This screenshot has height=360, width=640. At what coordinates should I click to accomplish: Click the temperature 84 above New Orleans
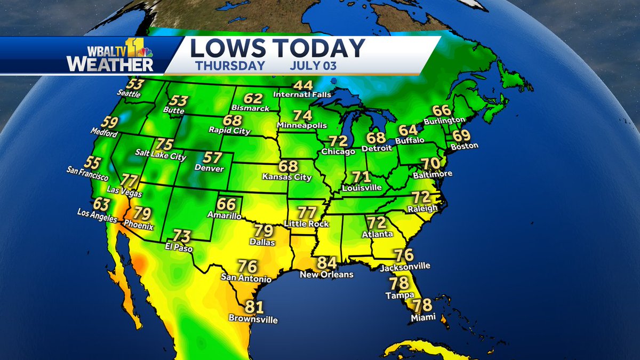pos(327,263)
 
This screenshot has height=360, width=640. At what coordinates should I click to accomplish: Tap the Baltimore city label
pos(433,174)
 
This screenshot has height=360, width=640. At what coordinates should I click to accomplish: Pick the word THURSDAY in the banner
pos(230,66)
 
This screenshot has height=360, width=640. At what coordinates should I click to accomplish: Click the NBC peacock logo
pos(147,52)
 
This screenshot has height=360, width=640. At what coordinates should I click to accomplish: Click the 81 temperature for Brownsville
pos(254,307)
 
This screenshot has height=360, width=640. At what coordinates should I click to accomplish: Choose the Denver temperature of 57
pos(212,158)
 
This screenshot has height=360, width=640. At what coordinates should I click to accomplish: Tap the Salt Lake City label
pos(161,157)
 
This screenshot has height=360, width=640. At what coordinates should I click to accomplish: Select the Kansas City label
pos(288,177)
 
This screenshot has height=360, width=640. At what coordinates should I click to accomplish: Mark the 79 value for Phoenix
pos(142,214)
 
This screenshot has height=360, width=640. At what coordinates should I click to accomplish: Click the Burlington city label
pos(445,121)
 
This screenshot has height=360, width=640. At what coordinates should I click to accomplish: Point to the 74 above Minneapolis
pos(302,115)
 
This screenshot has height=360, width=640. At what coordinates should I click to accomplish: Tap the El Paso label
pos(179,249)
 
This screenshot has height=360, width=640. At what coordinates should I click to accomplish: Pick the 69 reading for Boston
pos(461,135)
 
